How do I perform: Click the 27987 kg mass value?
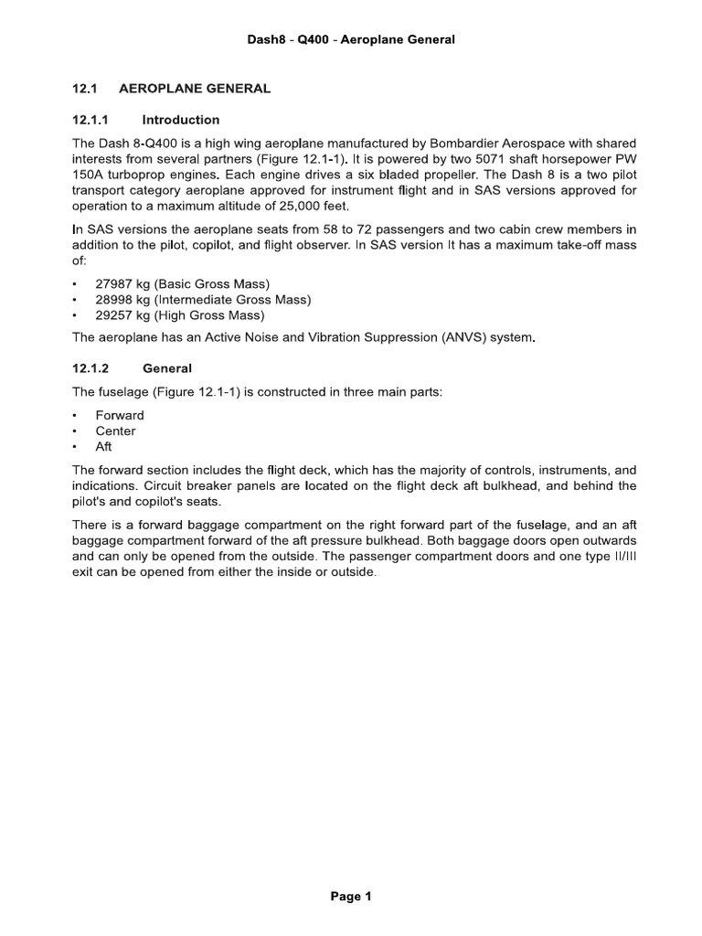[122, 284]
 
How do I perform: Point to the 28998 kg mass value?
[122, 300]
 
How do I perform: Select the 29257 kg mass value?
[122, 315]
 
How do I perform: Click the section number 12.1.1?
[90, 120]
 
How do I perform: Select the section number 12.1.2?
[90, 368]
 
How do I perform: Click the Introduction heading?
[181, 120]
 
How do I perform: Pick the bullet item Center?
[115, 431]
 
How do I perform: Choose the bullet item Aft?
[105, 446]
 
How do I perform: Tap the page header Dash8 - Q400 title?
[351, 39]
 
